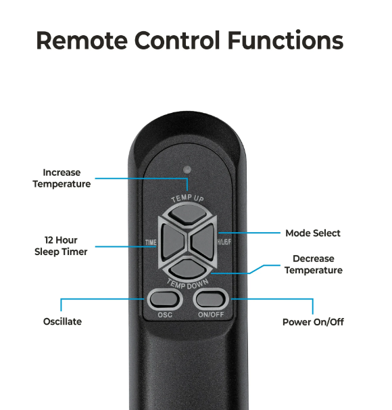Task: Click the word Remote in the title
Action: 82,41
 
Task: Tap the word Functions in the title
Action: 285,41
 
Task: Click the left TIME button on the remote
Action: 172,242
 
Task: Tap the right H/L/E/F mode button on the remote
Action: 203,242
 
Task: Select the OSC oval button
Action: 164,299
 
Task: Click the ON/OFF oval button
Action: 211,299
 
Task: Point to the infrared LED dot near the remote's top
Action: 187,169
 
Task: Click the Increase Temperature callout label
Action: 62,179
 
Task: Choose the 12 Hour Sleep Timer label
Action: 61,246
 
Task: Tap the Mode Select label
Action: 313,233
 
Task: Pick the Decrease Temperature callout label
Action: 314,265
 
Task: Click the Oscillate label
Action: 62,321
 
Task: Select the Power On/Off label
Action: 313,322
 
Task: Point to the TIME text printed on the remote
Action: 151,242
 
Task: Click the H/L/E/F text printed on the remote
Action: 224,242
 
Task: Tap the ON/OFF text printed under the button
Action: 211,315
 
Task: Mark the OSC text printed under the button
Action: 165,315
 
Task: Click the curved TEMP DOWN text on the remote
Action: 187,284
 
